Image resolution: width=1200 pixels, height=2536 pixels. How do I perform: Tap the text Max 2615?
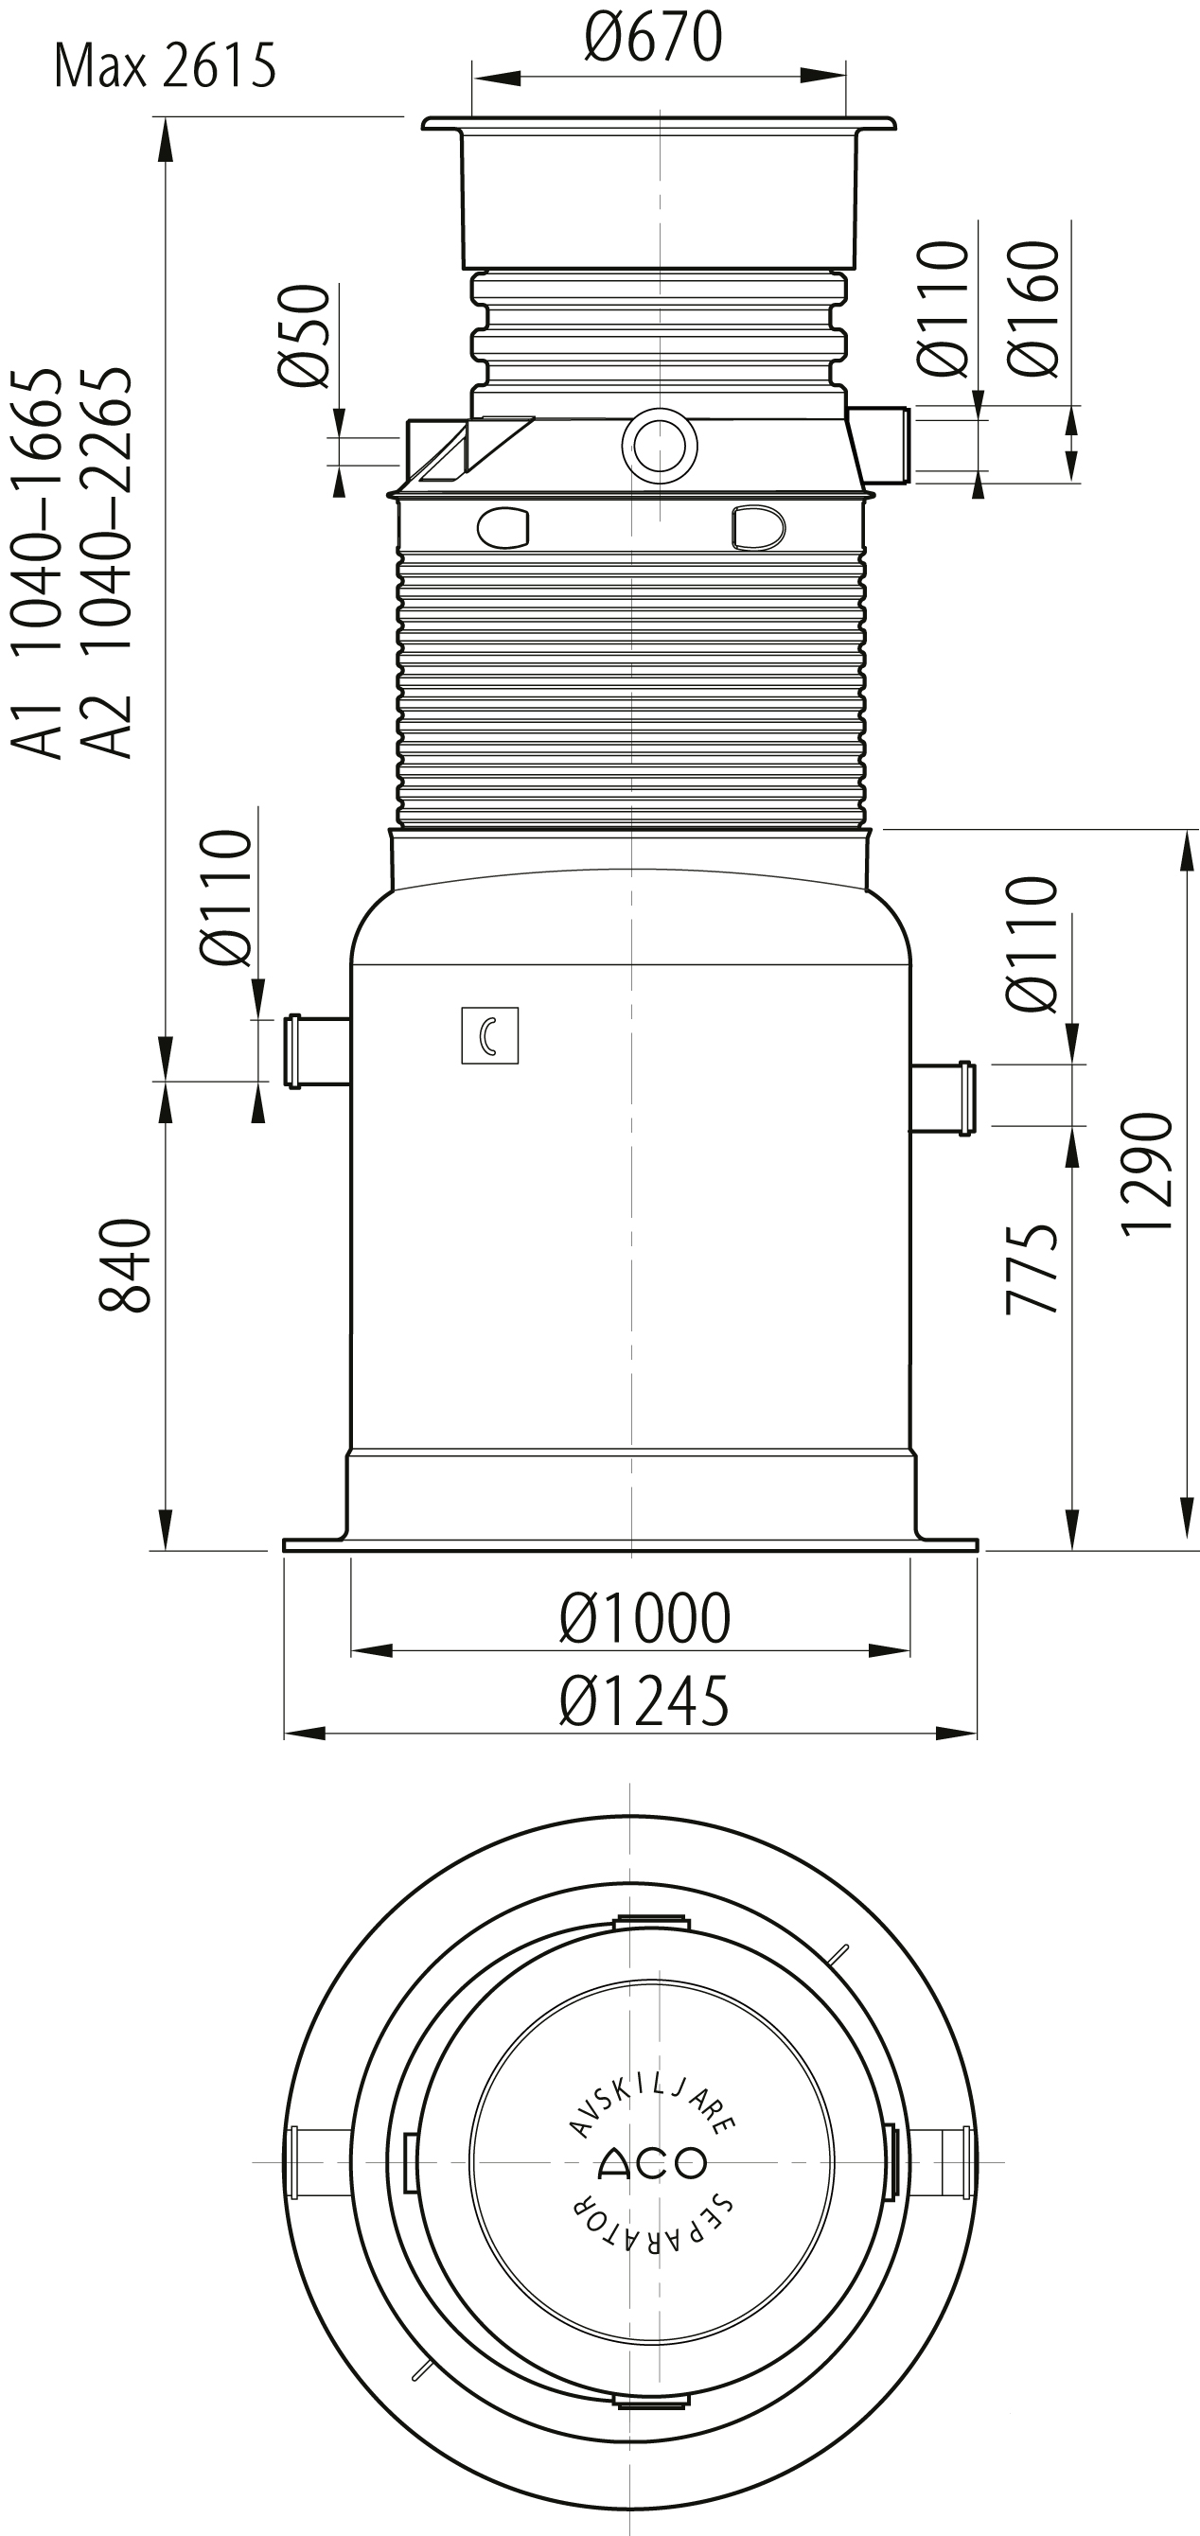[x=165, y=66]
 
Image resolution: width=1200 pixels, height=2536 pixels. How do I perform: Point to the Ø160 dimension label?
[x=1033, y=308]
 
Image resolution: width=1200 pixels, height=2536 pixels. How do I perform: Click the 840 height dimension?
[x=125, y=1265]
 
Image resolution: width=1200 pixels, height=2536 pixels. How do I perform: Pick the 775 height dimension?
[x=1032, y=1269]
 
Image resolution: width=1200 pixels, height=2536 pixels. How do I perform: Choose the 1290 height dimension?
[x=1147, y=1171]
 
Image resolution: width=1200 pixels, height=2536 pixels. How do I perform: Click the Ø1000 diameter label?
[x=644, y=1617]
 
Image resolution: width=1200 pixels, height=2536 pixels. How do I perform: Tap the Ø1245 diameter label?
[x=644, y=1700]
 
